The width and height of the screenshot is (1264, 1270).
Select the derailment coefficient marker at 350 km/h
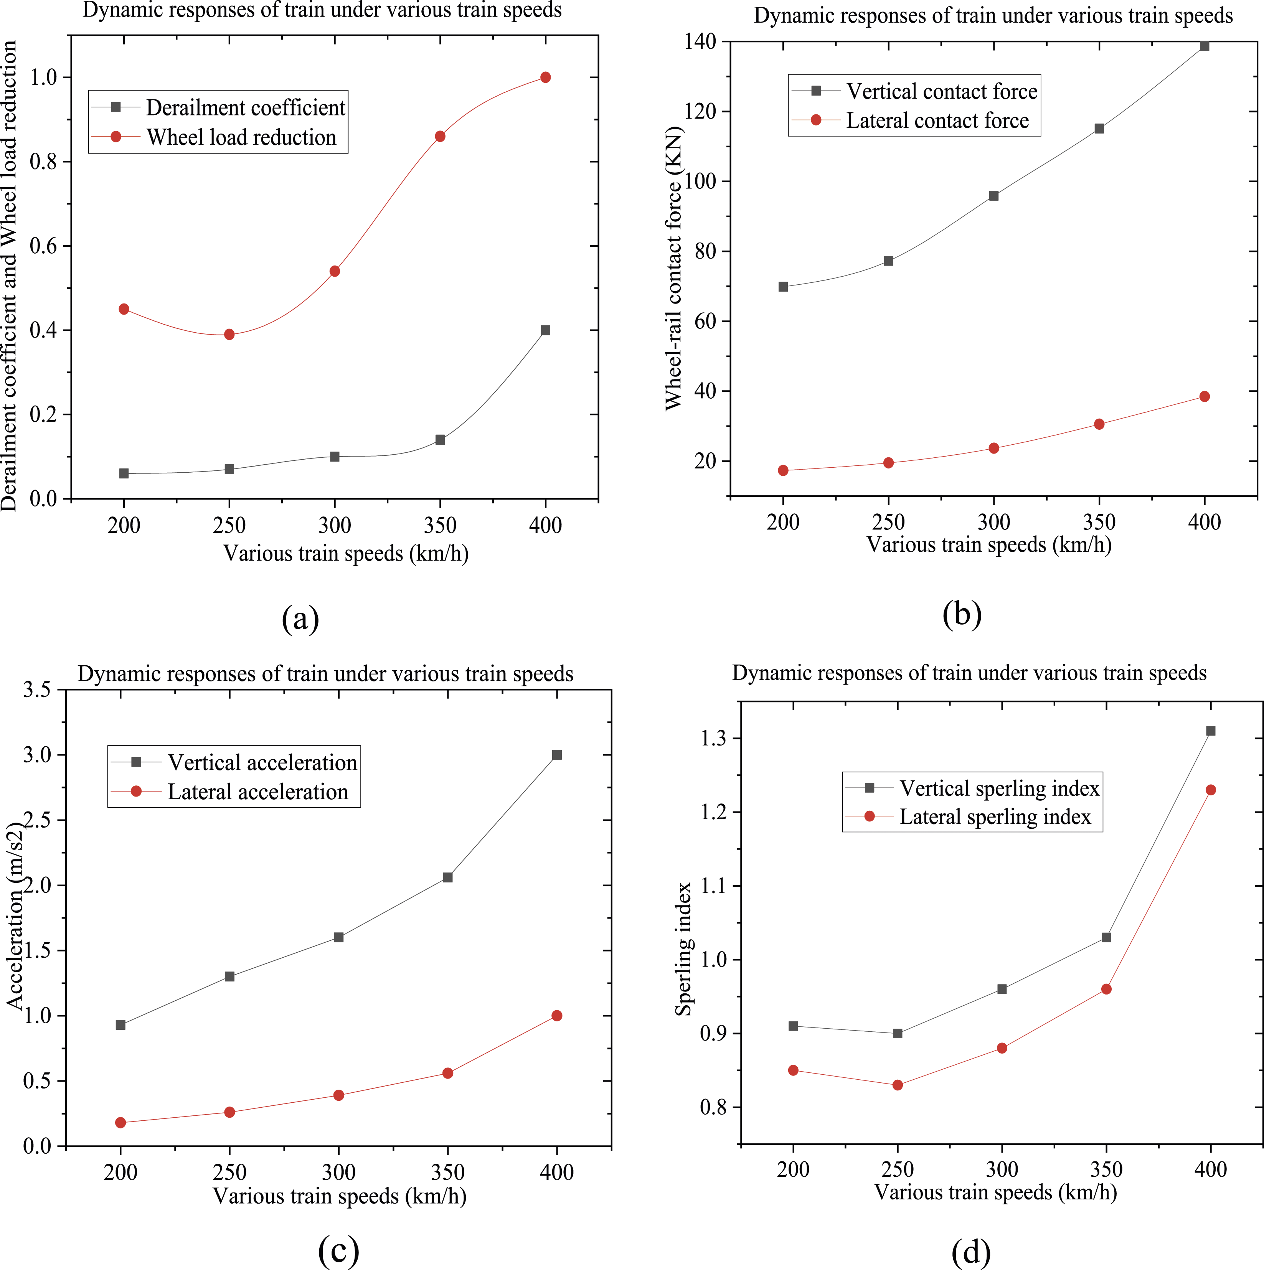tap(440, 440)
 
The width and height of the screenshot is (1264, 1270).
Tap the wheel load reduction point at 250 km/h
tap(229, 335)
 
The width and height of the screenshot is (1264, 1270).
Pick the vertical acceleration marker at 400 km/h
tap(557, 755)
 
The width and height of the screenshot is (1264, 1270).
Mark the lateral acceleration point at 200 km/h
tap(120, 1123)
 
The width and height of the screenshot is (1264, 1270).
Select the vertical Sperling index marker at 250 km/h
tap(897, 1033)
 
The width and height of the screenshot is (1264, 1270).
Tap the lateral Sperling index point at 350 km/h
tap(1106, 989)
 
